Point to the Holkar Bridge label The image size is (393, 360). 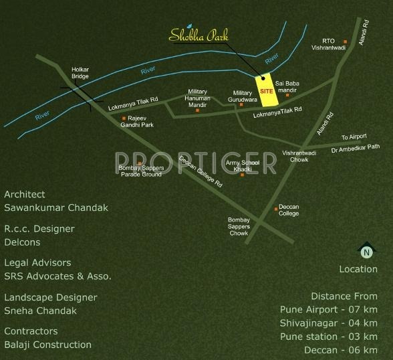81,72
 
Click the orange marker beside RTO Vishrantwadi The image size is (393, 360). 346,41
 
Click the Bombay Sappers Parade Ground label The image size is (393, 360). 140,171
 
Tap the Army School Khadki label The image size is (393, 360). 242,166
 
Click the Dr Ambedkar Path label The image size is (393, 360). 355,148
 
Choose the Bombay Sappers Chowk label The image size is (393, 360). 239,226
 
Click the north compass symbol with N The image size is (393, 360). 366,252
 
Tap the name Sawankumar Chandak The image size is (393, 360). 56,208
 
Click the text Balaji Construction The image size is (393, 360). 48,345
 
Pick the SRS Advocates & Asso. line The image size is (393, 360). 57,276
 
